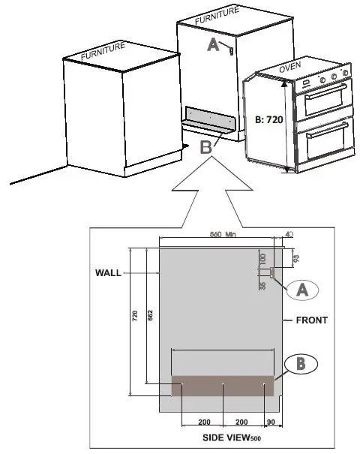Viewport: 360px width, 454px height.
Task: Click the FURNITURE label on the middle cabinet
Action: pos(217,17)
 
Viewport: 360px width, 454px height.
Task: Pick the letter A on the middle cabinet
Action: pos(212,45)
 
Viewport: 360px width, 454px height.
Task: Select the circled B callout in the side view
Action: pos(301,365)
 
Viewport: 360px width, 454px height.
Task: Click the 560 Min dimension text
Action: pos(223,234)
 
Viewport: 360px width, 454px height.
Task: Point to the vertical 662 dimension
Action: pos(150,317)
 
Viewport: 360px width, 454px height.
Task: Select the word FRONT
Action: pos(311,320)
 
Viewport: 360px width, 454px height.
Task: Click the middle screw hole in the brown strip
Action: pos(223,387)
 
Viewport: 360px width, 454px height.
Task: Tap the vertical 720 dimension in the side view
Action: pos(135,317)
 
